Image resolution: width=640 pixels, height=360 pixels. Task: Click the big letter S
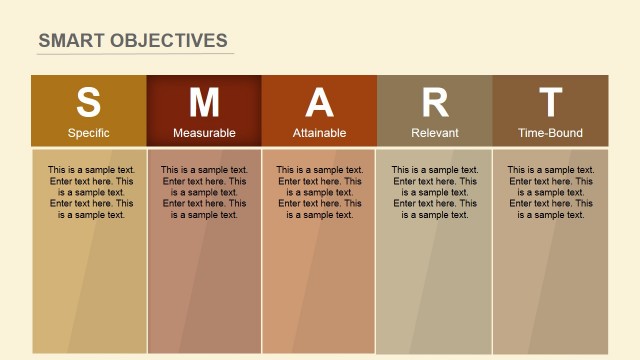coord(89,103)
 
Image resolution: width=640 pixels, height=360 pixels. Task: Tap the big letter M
coord(204,103)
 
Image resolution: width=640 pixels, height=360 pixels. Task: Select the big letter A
coord(319,103)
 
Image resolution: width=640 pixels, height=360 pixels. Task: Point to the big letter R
coord(435,103)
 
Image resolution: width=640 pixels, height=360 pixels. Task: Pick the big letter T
coord(550,103)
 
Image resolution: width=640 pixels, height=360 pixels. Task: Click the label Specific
coord(89,133)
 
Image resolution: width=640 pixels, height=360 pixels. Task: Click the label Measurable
coord(204,133)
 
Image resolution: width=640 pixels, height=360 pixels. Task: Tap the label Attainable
coord(319,133)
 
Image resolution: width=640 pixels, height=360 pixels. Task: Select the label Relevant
coord(435,133)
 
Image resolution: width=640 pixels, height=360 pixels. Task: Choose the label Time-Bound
coord(550,133)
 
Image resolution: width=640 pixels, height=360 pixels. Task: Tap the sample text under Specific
coord(91,192)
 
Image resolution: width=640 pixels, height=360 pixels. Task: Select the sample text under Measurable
coord(204,192)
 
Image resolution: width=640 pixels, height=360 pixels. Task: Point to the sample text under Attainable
coord(319,192)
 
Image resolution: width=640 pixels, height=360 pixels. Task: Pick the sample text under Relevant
coord(435,192)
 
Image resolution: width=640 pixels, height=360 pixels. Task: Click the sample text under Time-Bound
coord(550,192)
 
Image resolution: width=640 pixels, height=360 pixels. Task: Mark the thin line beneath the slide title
coord(135,54)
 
